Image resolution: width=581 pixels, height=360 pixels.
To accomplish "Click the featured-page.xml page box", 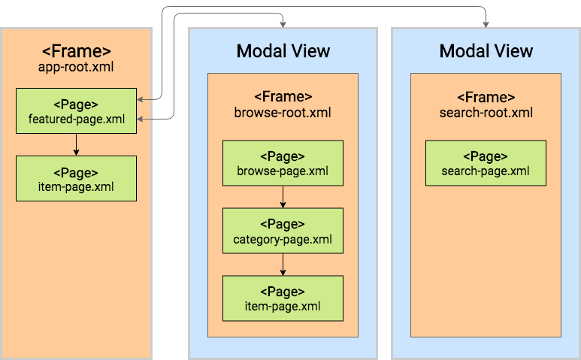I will coord(76,111).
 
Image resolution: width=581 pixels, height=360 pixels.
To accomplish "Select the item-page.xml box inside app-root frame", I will coord(76,178).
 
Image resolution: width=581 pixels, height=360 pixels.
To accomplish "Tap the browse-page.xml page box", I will coord(283,163).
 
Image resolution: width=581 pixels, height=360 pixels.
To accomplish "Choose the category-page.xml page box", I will coord(283,231).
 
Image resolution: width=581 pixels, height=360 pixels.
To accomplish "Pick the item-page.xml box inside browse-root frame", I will coord(283,298).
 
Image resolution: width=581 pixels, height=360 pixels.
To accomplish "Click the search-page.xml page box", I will coord(486,163).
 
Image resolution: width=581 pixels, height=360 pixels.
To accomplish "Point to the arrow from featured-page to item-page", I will coord(76,144).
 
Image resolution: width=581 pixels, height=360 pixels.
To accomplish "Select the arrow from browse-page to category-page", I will coord(283,197).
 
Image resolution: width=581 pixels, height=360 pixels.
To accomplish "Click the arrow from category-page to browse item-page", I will coord(283,265).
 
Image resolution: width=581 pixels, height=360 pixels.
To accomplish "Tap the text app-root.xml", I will coord(76,66).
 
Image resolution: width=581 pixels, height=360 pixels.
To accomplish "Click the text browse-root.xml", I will coord(283,113).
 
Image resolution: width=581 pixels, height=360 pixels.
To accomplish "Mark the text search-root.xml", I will coord(486,113).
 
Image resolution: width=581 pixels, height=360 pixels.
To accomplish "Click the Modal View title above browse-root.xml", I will coord(283,51).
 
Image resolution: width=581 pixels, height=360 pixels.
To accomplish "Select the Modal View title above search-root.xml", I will coord(486,51).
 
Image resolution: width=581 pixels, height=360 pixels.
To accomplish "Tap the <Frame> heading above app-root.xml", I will coord(76,50).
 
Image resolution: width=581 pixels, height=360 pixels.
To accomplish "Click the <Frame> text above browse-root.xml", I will coord(283,97).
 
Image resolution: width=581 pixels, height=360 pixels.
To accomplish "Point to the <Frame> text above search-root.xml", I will coord(486,97).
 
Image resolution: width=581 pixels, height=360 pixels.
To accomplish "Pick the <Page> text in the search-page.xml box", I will coord(486,156).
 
